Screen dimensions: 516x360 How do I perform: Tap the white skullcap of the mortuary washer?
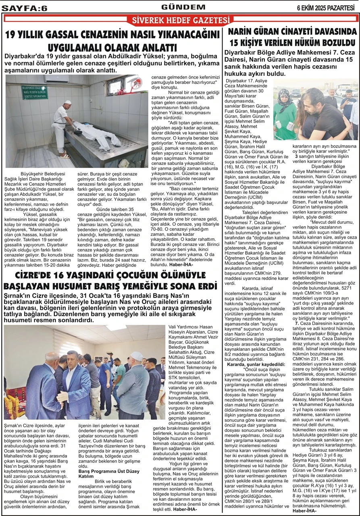pos(67,102)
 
